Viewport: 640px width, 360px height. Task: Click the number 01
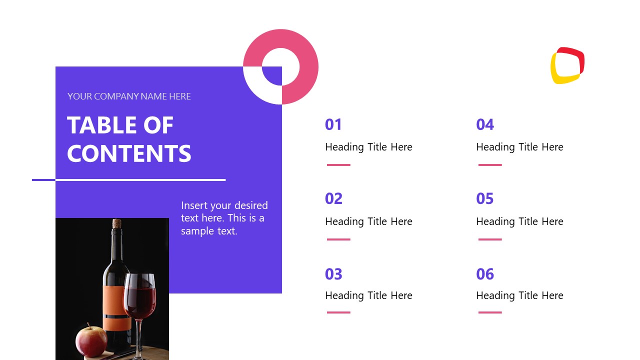333,124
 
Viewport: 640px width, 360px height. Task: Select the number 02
333,199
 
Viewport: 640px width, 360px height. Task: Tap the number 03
333,274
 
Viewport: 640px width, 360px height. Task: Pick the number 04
485,124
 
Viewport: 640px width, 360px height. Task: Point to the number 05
485,199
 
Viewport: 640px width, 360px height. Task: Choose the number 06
485,274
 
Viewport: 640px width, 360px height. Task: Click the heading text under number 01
368,147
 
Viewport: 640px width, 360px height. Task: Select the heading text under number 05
519,221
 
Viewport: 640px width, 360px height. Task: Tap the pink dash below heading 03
338,312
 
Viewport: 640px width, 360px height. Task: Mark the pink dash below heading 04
490,165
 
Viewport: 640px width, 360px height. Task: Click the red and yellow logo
567,65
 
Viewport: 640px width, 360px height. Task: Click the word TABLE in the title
101,125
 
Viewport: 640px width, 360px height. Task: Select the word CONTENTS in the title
129,153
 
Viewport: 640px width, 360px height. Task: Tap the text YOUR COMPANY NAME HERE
129,96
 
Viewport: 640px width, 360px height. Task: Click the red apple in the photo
91,340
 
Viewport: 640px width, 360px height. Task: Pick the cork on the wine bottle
117,223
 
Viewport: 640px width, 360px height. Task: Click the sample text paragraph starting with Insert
224,218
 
